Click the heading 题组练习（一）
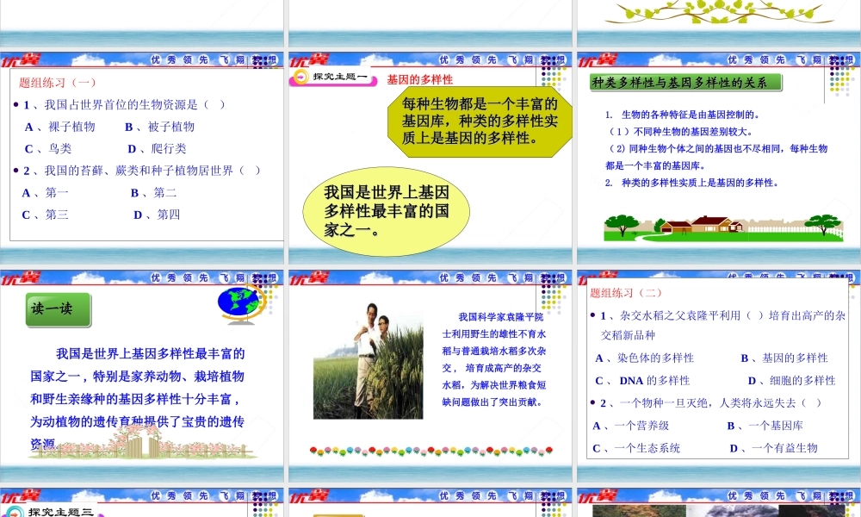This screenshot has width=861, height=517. tap(58, 83)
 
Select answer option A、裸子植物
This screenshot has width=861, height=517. tap(59, 127)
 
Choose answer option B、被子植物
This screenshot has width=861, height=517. tap(160, 127)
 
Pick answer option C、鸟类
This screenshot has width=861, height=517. tap(48, 148)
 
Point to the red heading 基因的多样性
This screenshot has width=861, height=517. tap(420, 79)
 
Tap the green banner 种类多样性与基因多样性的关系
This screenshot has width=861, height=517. tap(685, 83)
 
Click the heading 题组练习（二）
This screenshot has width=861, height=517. tap(626, 293)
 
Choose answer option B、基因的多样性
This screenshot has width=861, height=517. tap(784, 358)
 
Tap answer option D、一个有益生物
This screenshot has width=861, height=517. tap(773, 448)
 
